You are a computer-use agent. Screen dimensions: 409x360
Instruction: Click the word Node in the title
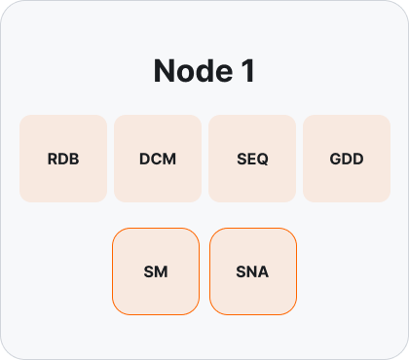click(193, 71)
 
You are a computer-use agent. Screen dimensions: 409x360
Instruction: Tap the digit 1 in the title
click(248, 71)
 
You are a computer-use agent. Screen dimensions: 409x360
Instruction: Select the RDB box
click(63, 159)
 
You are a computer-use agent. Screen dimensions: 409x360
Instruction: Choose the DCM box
click(158, 159)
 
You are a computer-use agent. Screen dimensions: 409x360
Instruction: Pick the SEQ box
click(252, 159)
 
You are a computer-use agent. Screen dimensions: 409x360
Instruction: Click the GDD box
click(347, 159)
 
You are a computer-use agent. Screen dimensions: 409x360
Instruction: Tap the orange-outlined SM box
click(156, 271)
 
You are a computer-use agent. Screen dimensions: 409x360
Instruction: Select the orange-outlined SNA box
click(253, 271)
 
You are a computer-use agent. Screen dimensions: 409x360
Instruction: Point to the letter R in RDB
click(53, 159)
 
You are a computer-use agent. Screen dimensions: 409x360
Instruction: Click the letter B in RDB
click(74, 159)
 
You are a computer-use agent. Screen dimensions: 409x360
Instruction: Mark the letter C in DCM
click(157, 159)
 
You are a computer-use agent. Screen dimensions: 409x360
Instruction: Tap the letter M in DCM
click(169, 159)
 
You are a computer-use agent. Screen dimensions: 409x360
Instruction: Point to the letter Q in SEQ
click(262, 160)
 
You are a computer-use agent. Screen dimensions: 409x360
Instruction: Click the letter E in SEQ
click(251, 159)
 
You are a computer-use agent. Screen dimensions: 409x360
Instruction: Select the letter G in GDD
click(336, 159)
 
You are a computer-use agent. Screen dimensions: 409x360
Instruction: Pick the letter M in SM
click(162, 271)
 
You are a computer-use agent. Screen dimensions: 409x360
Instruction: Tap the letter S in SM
click(149, 271)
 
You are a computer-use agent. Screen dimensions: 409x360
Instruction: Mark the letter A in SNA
click(263, 271)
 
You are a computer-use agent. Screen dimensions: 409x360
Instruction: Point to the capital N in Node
click(164, 71)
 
